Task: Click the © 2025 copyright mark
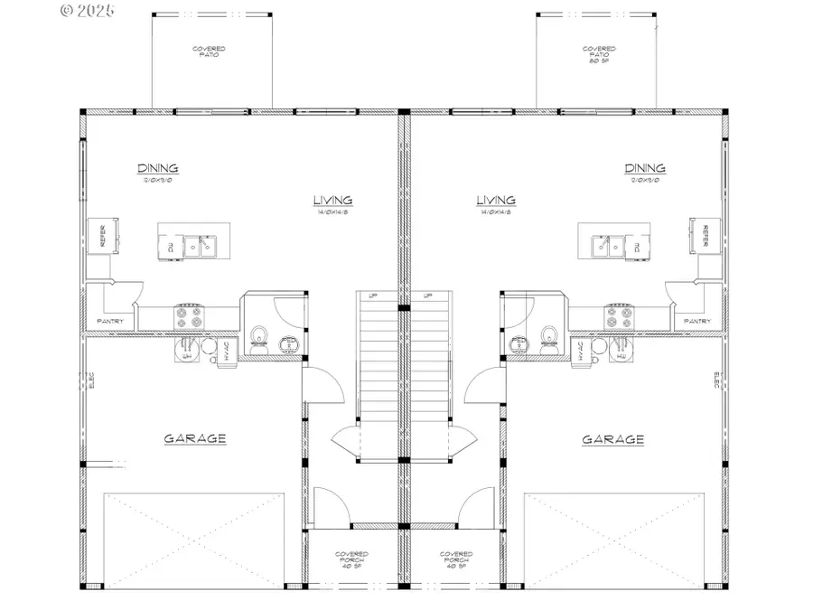[88, 11]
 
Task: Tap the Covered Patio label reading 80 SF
[599, 55]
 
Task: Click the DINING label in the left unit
[157, 168]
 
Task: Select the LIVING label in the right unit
[496, 201]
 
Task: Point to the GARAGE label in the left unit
[194, 439]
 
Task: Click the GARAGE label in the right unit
[612, 440]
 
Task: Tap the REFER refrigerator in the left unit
[98, 235]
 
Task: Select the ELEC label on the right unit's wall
[716, 380]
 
